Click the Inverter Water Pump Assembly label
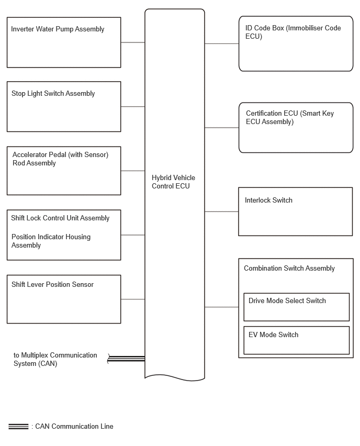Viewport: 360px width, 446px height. point(58,29)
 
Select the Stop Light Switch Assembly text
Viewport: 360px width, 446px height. point(53,94)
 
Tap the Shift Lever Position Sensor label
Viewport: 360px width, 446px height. point(52,284)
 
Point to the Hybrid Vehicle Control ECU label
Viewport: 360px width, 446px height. point(174,182)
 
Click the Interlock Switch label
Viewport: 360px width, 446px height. point(268,200)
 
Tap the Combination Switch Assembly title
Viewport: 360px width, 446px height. point(289,268)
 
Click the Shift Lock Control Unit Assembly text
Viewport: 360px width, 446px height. point(60,218)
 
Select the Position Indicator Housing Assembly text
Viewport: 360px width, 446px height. point(51,241)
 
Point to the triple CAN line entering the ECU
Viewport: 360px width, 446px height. point(126,359)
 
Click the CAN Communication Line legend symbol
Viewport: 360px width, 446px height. point(18,427)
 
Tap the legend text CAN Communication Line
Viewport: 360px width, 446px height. point(74,427)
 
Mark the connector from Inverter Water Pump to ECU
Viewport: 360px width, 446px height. point(133,42)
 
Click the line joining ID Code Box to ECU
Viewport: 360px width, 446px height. point(222,44)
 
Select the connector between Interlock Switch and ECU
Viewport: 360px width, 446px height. point(221,211)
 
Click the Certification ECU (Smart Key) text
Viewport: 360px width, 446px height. point(290,117)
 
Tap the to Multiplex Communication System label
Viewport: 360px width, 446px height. point(55,359)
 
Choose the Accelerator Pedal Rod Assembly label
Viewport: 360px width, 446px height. point(60,159)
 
